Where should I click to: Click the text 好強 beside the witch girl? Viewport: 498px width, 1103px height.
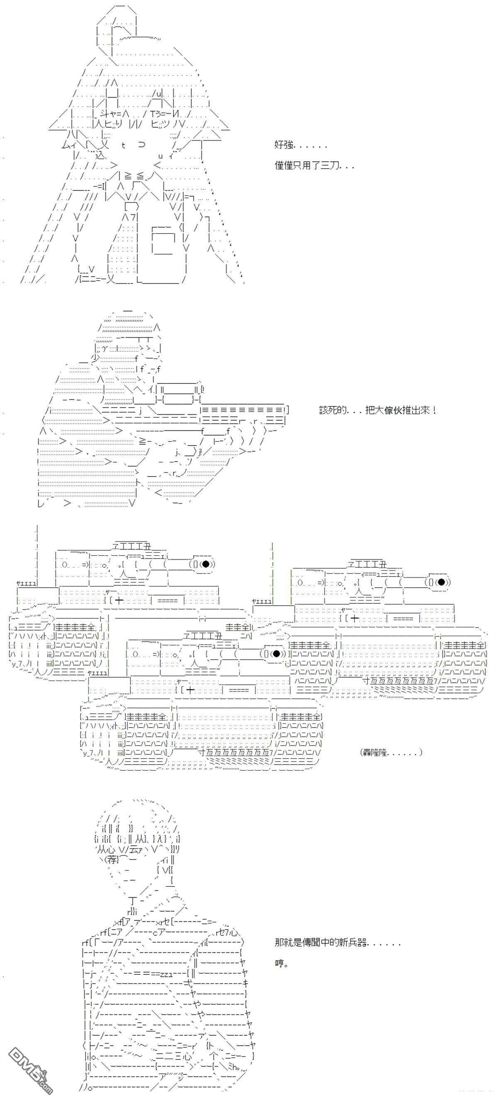tap(284, 146)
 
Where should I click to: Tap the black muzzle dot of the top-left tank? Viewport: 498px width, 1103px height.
tap(205, 564)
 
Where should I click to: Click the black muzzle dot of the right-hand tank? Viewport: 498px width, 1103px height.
tap(441, 582)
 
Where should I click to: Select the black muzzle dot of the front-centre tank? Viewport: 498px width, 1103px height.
tap(276, 654)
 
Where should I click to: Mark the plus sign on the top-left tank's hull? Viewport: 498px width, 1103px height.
tap(119, 601)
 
